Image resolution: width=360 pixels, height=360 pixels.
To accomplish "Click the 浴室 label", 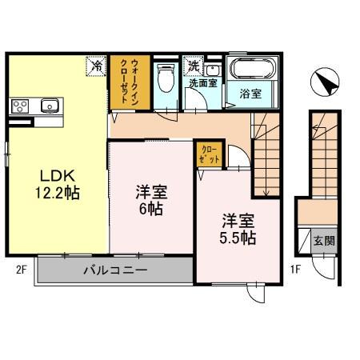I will tap(250, 94).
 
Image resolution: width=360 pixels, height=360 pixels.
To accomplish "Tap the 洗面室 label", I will tap(203, 82).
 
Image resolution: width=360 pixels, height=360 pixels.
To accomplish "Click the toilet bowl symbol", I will tap(166, 80).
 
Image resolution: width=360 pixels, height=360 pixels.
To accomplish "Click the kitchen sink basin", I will tap(50, 105).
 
